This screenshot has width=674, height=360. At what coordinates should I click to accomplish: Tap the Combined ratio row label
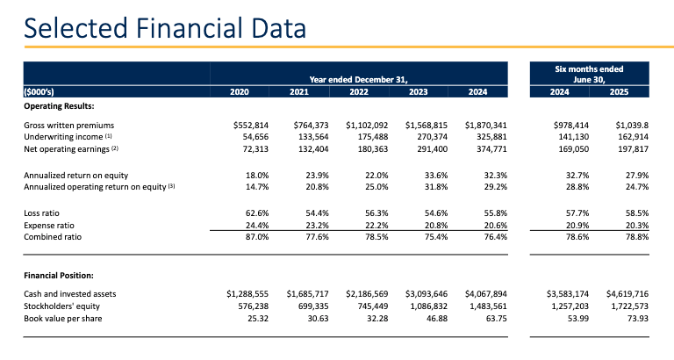click(x=52, y=237)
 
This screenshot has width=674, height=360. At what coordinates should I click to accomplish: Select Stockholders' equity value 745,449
click(x=370, y=305)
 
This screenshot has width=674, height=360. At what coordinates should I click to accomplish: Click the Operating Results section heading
click(x=59, y=105)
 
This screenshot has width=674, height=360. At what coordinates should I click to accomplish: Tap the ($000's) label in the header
click(x=40, y=91)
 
